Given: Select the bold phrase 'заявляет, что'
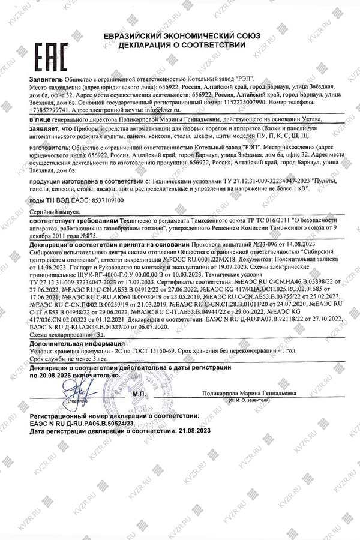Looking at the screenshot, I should [50, 129].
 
